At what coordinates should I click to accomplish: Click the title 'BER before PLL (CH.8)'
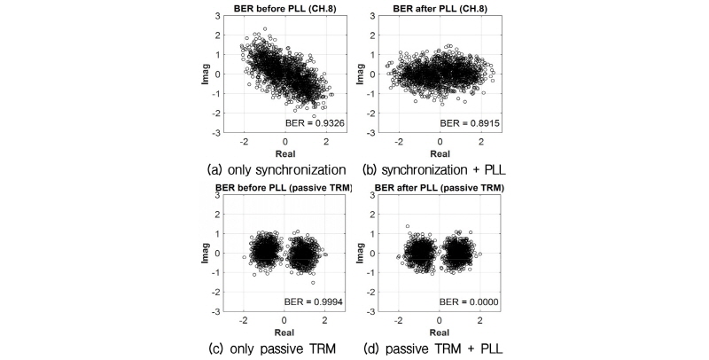(284, 8)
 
